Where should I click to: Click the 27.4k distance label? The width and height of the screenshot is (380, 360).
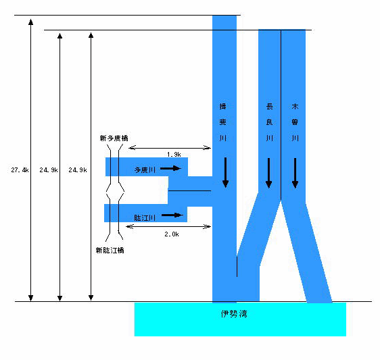[20, 170]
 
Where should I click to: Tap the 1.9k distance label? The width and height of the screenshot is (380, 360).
[174, 155]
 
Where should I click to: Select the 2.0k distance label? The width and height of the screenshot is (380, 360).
[172, 234]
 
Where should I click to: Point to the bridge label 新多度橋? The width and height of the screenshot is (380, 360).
[114, 138]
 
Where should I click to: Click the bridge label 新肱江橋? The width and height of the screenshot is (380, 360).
[110, 251]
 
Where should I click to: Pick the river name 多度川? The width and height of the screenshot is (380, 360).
[145, 170]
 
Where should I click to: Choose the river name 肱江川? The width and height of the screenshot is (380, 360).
[145, 218]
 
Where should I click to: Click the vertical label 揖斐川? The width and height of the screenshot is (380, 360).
[222, 122]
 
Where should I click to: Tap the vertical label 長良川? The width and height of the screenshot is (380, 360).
[270, 122]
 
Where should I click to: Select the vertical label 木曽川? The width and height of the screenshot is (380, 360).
[295, 122]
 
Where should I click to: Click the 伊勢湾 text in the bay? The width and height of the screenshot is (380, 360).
[234, 314]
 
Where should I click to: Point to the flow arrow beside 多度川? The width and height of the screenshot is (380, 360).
[171, 168]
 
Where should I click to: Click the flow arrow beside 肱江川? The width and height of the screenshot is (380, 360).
[172, 215]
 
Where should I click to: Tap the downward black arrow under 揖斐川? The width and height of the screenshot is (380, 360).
[226, 173]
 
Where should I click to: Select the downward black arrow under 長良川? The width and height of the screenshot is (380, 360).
[268, 173]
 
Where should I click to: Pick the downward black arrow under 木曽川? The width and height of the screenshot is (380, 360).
[295, 173]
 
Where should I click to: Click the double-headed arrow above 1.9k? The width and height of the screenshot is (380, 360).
[170, 148]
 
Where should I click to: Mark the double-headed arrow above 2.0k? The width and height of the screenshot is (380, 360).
[168, 226]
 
